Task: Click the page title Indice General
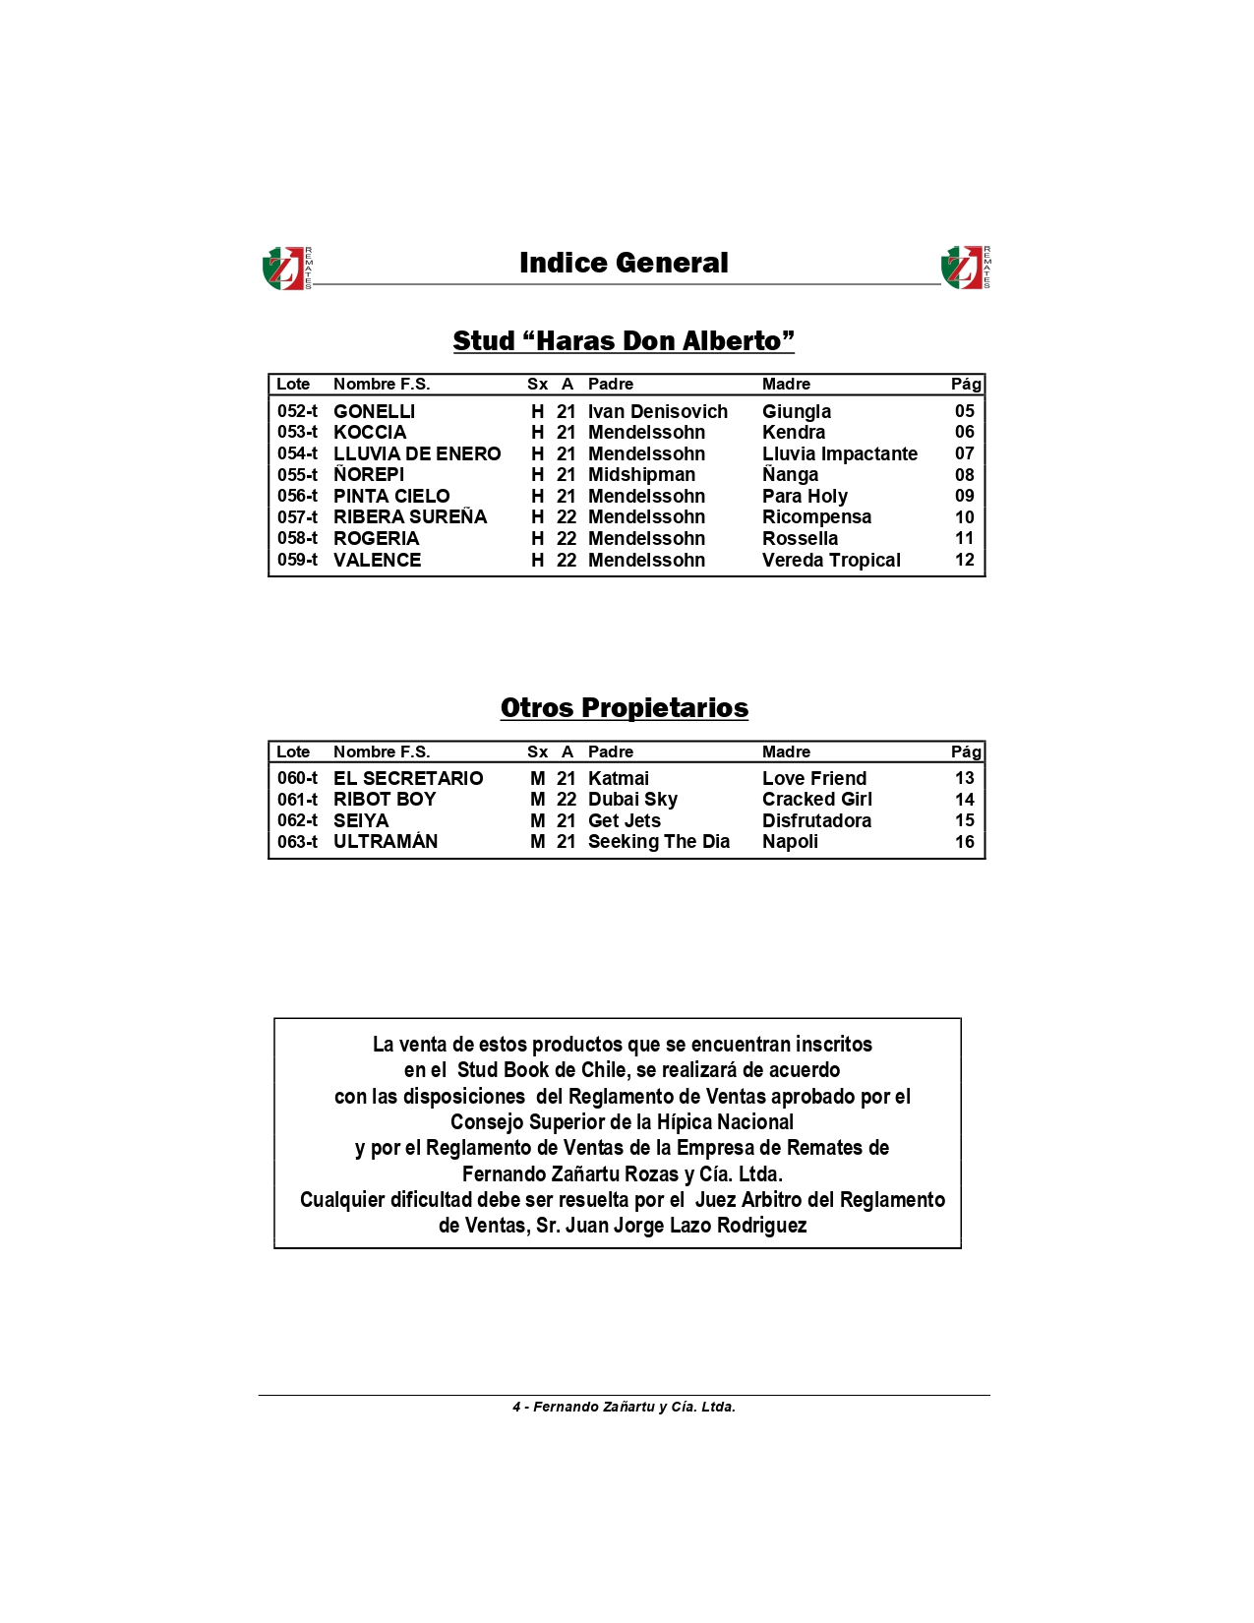(624, 263)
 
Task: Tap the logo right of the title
(965, 268)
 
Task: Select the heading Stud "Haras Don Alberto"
(624, 340)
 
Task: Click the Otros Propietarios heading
(624, 707)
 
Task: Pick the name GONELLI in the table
(374, 411)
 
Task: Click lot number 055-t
(297, 474)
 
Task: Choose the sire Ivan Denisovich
(658, 411)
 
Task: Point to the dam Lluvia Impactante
(839, 453)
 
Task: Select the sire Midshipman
(641, 474)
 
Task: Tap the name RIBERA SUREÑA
(410, 516)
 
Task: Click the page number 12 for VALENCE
(964, 560)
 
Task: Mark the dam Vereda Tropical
(831, 560)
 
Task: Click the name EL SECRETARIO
(408, 778)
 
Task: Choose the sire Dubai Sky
(632, 799)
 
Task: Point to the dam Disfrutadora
(816, 820)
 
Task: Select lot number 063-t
(297, 842)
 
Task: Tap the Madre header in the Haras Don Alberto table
(786, 384)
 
